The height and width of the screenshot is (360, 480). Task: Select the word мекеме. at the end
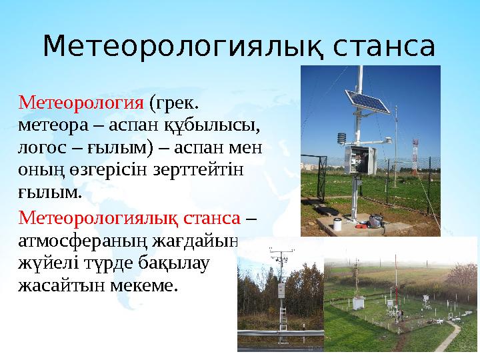coord(146,285)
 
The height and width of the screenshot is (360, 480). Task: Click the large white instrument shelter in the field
coord(359,303)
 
